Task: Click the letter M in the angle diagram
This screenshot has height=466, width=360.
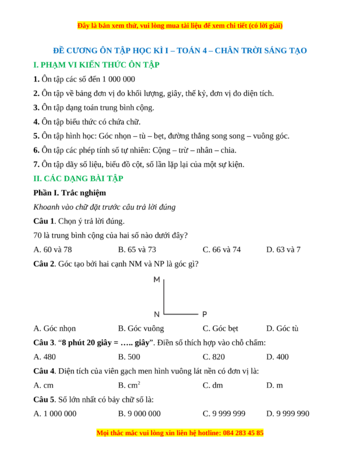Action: [157, 280]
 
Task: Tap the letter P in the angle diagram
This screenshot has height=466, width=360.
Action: [204, 314]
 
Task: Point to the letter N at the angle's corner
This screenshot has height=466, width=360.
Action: [157, 314]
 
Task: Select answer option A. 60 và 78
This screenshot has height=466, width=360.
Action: [53, 250]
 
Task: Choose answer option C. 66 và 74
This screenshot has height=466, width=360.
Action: [221, 250]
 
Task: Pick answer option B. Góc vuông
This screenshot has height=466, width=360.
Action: [141, 329]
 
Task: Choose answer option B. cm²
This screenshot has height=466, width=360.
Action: [129, 385]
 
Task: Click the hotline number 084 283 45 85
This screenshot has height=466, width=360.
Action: [242, 433]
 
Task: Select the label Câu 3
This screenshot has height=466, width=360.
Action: [44, 343]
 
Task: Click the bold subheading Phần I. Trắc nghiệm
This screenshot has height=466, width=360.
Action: [69, 193]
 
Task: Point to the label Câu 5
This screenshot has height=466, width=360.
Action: [44, 400]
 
